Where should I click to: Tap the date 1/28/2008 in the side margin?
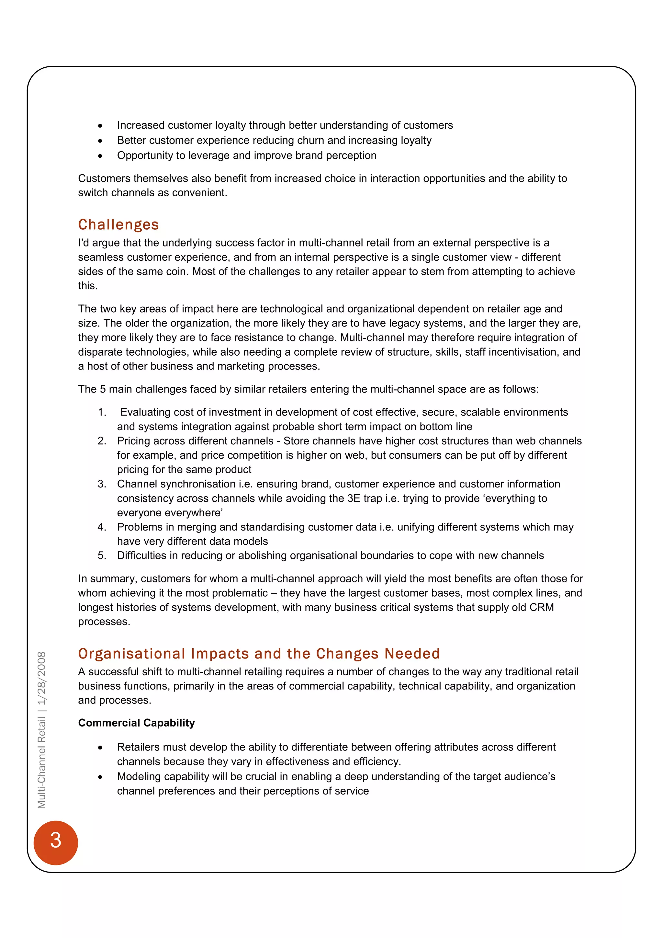42,678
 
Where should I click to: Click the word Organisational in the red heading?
131,654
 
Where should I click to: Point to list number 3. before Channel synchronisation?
102,484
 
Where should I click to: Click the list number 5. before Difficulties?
102,555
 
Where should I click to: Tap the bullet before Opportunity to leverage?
100,156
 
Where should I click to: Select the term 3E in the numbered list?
354,498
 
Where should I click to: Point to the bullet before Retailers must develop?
100,747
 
